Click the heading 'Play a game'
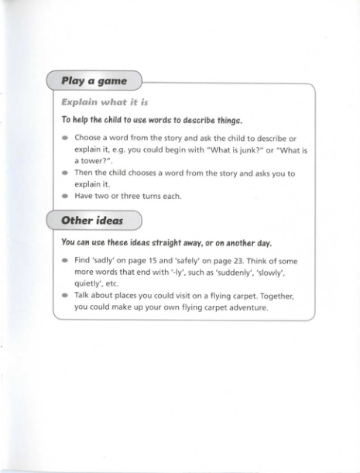[x=94, y=80]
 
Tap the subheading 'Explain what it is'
[x=105, y=102]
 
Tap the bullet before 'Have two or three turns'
[x=65, y=196]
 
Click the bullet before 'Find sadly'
[x=65, y=262]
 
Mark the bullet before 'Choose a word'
[x=65, y=138]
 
